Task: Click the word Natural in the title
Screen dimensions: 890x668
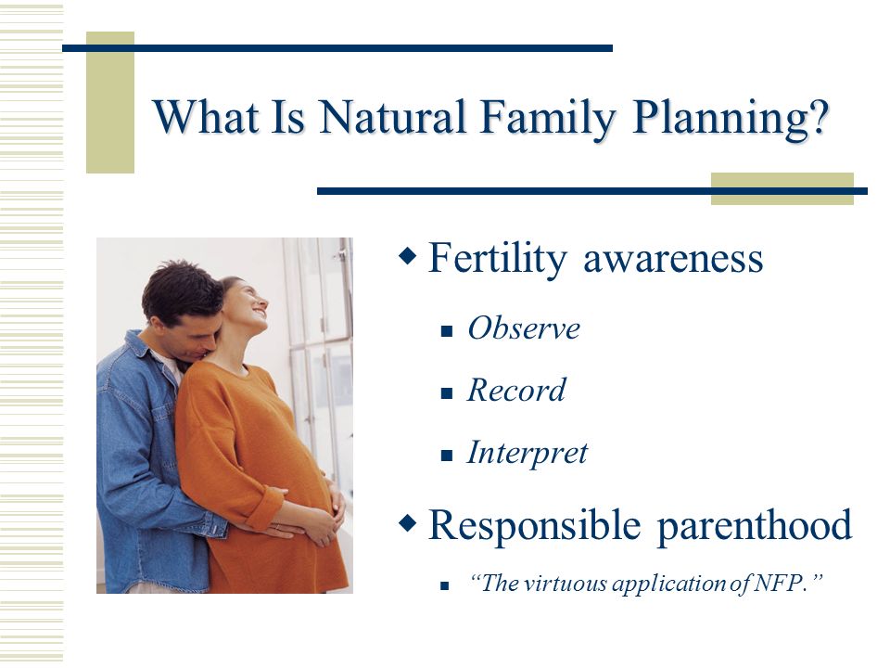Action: (392, 117)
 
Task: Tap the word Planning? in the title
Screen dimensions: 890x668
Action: (731, 120)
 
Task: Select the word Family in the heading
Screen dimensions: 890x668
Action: (548, 120)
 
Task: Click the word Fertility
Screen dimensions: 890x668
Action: (497, 260)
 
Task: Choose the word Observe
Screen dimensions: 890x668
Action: (524, 328)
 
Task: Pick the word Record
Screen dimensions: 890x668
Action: (516, 391)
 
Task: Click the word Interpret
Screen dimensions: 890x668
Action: (528, 454)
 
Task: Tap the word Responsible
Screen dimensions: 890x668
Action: (535, 526)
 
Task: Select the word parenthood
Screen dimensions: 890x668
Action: (755, 526)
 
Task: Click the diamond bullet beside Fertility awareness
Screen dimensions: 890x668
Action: (408, 256)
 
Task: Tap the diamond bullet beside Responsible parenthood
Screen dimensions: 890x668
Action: (408, 523)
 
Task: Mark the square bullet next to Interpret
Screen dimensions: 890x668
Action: (447, 455)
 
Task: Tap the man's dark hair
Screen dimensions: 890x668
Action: (181, 289)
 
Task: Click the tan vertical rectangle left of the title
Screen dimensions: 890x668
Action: (110, 102)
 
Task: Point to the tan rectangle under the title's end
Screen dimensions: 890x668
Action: (782, 188)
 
